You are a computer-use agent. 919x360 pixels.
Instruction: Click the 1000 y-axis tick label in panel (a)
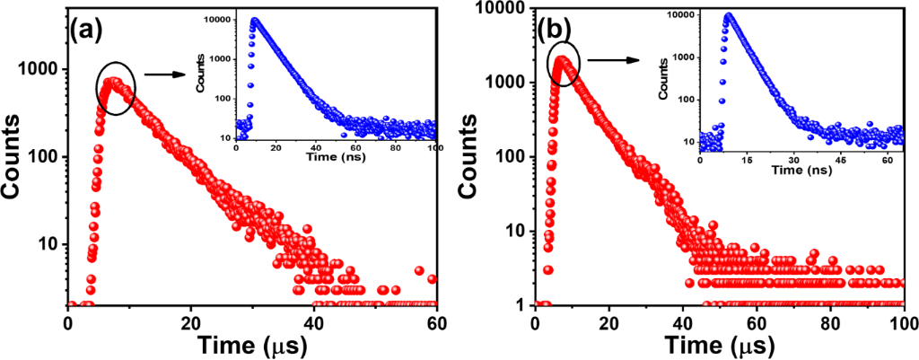[45, 70]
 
